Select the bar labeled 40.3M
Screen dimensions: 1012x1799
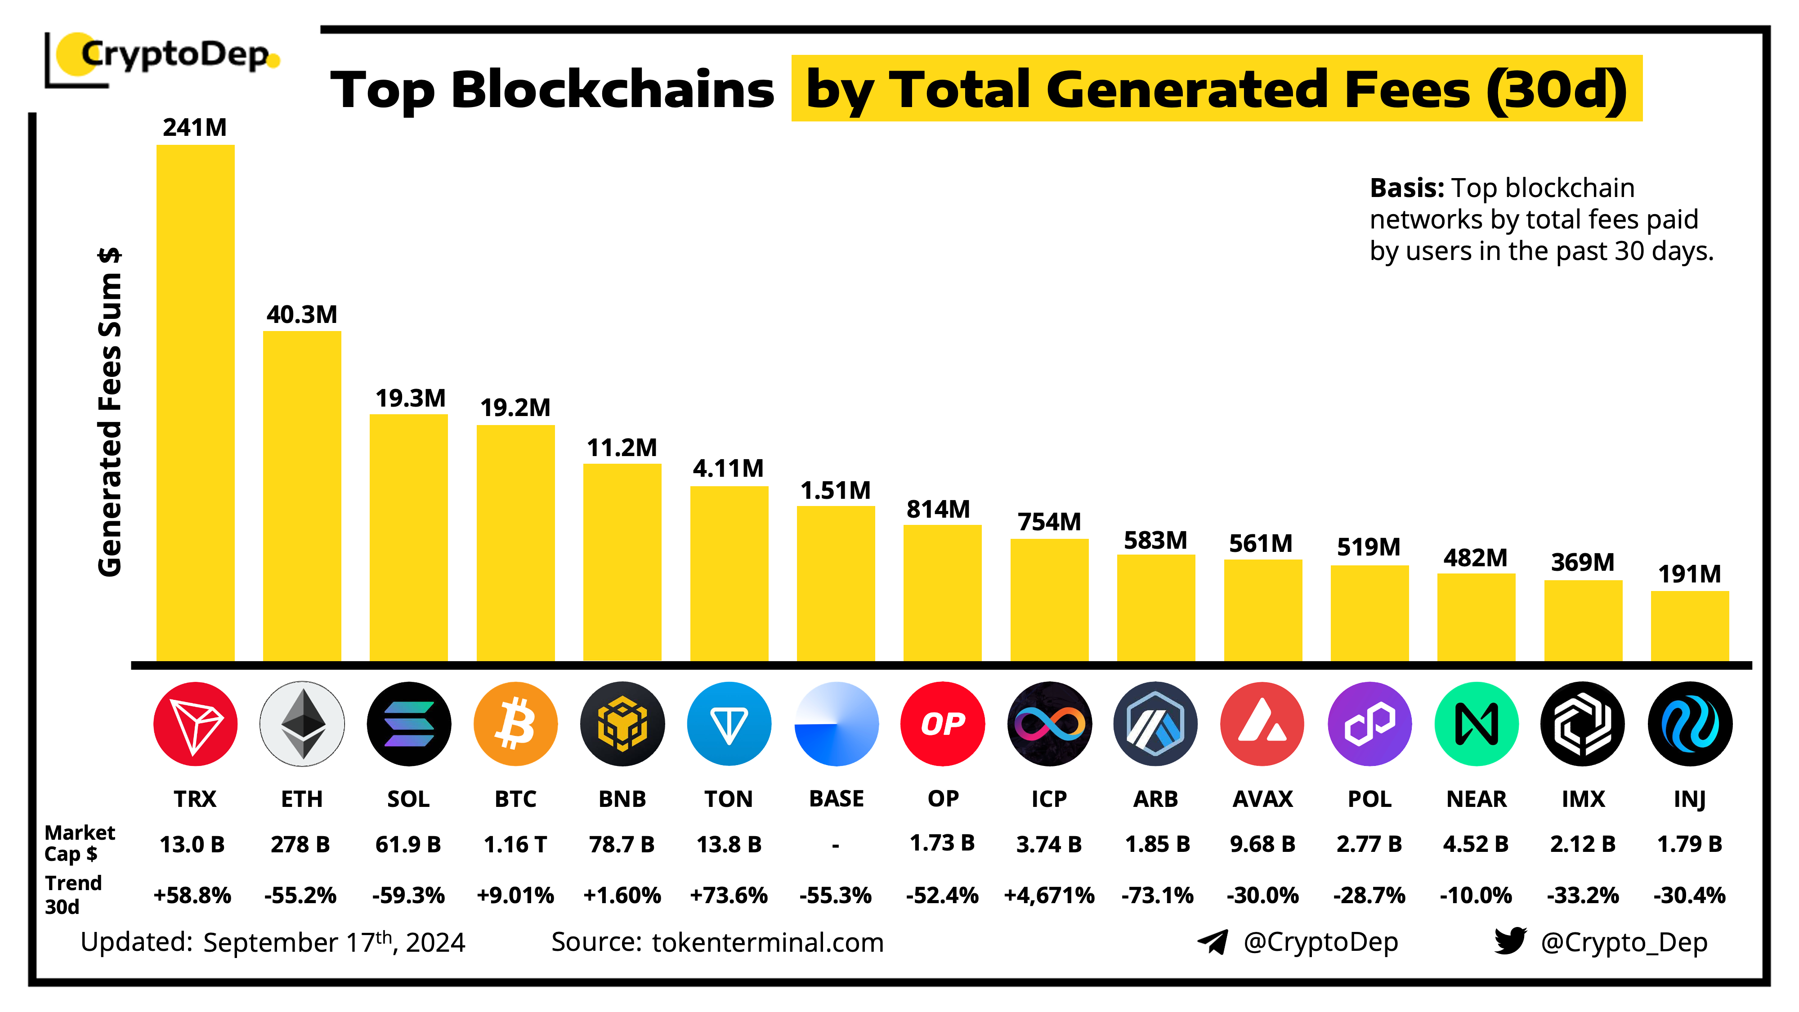[x=302, y=495]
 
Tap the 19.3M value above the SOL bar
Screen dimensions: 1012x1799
[x=410, y=398]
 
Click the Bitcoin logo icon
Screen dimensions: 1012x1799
[x=515, y=724]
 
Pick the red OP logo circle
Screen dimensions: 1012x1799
[x=942, y=724]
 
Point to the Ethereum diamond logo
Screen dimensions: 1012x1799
[x=302, y=724]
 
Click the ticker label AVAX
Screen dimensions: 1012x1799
[x=1262, y=798]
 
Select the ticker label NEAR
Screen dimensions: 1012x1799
[x=1476, y=798]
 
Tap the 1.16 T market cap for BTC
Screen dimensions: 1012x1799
[x=515, y=844]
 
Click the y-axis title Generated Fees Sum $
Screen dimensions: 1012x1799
[x=110, y=412]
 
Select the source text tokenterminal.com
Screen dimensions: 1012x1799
[x=768, y=942]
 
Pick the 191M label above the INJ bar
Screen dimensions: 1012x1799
[x=1689, y=574]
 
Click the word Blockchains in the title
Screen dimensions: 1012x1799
[x=613, y=90]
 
